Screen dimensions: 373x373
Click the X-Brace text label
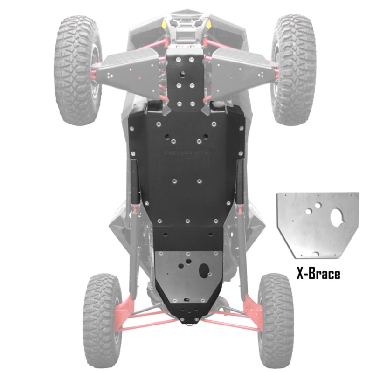click(x=318, y=274)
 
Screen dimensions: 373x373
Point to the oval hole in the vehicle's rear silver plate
click(x=204, y=270)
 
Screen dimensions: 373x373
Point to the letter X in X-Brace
click(x=301, y=274)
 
